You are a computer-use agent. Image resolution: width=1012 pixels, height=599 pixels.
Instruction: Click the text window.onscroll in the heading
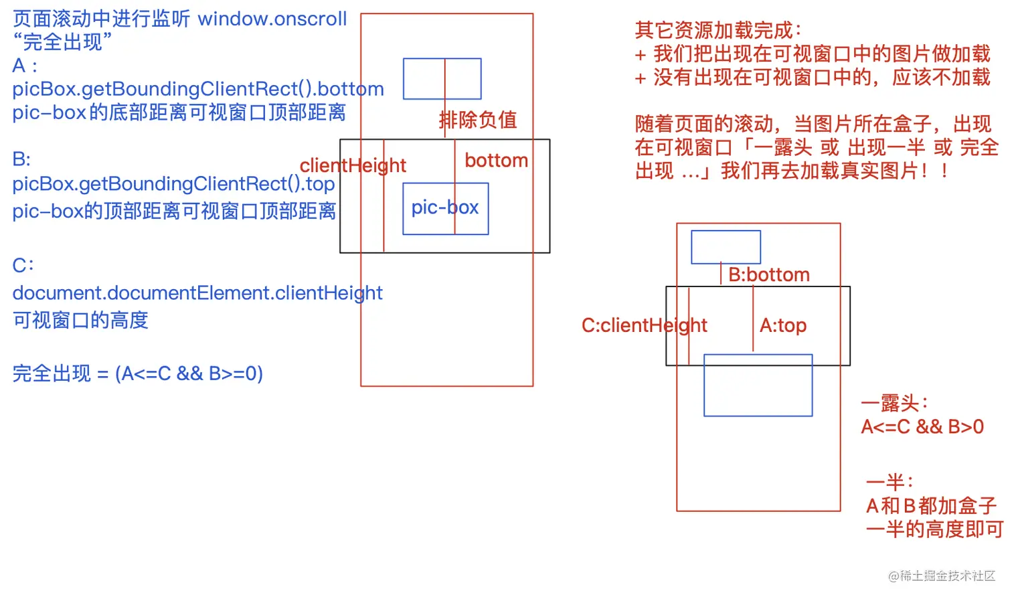point(272,19)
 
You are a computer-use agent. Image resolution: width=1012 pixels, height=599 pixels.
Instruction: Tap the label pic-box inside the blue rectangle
point(445,207)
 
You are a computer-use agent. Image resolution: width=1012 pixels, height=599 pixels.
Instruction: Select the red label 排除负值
point(478,120)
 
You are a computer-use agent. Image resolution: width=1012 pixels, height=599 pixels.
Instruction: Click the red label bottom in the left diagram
point(496,161)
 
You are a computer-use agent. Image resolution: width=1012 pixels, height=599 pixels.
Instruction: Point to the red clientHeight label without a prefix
point(353,165)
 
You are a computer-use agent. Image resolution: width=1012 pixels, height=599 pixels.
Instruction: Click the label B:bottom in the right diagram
point(768,274)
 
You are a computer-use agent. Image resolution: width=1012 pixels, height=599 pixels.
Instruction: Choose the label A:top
point(783,325)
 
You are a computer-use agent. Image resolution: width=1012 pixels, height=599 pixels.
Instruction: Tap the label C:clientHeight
point(644,325)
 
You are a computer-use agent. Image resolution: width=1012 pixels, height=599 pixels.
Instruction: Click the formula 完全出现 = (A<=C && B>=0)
point(138,373)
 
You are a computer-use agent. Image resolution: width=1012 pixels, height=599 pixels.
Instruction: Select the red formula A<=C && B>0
point(922,427)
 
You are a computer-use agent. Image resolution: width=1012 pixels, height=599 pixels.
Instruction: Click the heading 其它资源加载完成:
point(718,30)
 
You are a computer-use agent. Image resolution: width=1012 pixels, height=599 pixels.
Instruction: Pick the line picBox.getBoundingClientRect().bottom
point(198,89)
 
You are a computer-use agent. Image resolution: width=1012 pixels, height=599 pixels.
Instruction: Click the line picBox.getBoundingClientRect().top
point(173,184)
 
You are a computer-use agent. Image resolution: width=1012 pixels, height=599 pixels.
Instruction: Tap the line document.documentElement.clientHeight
point(197,293)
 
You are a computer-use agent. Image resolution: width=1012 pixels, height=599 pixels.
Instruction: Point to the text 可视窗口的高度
point(80,320)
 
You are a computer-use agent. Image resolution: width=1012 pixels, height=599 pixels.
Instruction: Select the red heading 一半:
point(890,482)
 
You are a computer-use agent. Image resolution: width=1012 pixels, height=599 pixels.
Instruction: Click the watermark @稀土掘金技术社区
point(942,576)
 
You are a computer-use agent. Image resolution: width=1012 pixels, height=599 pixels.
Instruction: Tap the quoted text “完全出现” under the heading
point(62,42)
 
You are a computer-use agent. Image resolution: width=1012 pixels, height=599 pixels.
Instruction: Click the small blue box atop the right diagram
point(726,247)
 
